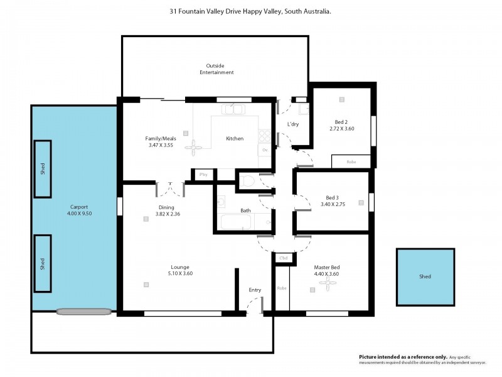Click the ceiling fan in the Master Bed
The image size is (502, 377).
click(327, 285)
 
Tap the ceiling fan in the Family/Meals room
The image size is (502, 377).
click(195, 148)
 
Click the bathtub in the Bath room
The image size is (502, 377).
click(236, 223)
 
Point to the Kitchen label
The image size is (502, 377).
click(235, 139)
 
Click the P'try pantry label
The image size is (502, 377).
click(203, 175)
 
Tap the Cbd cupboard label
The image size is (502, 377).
click(283, 258)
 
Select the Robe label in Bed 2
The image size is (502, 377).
click(351, 161)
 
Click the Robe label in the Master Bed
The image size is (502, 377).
click(282, 288)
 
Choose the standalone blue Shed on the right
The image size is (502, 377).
click(425, 276)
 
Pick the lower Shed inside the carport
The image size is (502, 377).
click(43, 263)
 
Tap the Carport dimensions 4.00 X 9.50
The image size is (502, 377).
click(79, 213)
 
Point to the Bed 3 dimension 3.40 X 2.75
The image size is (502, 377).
click(333, 204)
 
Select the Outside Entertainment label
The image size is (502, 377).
click(216, 69)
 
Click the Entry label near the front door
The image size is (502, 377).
click(255, 290)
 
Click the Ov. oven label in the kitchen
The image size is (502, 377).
click(265, 151)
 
